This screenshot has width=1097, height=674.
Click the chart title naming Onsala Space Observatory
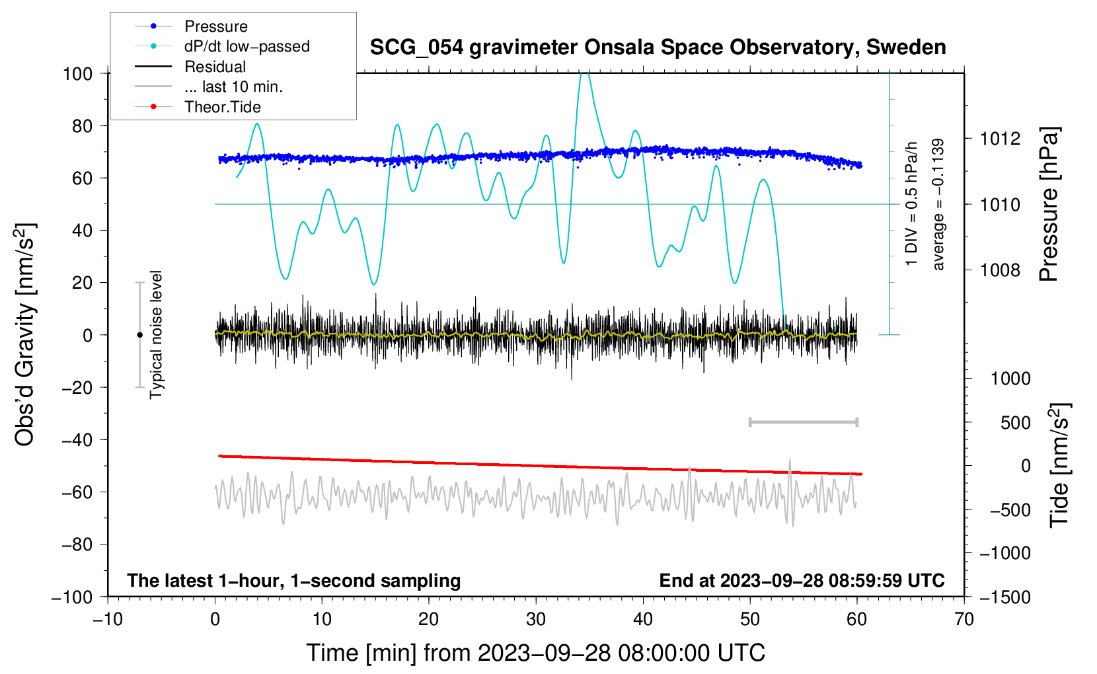658,48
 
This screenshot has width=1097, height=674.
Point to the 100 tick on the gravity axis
78,74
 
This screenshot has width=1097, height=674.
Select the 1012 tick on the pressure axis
1000,139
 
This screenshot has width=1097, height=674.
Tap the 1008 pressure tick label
1000,270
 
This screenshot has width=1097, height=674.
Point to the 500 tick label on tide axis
1015,423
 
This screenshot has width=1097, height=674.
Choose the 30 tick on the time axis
536,619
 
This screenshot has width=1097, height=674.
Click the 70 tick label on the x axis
964,619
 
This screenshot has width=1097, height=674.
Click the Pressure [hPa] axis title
1049,204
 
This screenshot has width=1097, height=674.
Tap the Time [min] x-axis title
536,654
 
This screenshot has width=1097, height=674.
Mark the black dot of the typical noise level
139,335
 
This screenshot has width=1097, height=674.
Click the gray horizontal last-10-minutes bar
803,422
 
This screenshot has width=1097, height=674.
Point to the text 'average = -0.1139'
938,204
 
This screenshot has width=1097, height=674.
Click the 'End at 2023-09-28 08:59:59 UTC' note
802,580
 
